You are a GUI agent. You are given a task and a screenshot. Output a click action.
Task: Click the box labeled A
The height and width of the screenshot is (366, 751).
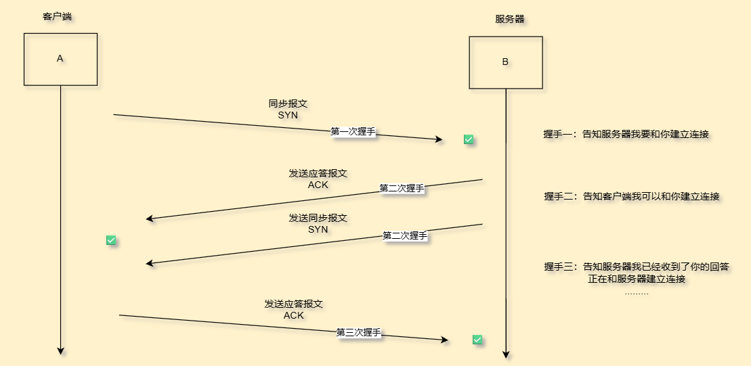click(x=60, y=59)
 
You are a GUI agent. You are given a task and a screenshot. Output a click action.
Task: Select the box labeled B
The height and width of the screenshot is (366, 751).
click(x=505, y=62)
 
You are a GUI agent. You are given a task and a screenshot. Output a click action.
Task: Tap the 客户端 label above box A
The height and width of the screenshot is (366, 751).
click(x=57, y=16)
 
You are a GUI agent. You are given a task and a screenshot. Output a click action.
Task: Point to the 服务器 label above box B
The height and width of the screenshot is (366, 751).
click(x=509, y=19)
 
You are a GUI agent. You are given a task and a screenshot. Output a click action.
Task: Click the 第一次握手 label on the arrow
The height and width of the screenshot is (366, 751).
click(x=353, y=132)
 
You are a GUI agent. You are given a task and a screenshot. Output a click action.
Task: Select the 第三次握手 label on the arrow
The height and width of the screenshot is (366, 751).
click(x=359, y=333)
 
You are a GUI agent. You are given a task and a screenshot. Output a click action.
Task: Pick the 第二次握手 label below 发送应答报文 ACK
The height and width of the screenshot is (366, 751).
click(x=402, y=188)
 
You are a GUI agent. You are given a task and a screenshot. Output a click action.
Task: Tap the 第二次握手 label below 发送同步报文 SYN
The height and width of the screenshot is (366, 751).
click(x=405, y=236)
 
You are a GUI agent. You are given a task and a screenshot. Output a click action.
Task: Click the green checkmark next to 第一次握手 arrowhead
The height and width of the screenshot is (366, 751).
click(x=469, y=139)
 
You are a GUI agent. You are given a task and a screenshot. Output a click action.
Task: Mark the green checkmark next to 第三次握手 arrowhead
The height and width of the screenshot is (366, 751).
click(x=477, y=340)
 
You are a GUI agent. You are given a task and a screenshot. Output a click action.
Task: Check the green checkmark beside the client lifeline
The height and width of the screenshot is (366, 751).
click(x=112, y=240)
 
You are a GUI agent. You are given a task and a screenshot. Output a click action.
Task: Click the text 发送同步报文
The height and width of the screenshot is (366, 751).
click(x=318, y=218)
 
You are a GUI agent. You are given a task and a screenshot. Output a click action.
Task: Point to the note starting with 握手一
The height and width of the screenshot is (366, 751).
click(x=626, y=135)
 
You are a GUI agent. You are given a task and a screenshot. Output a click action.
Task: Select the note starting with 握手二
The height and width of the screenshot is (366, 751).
click(x=631, y=197)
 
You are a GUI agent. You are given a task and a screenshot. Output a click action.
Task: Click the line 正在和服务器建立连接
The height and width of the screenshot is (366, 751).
click(x=637, y=279)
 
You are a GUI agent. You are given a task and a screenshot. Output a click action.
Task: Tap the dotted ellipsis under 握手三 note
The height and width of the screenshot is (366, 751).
click(x=636, y=294)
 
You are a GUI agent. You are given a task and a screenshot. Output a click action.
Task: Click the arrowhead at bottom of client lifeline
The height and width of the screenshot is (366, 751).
click(x=60, y=350)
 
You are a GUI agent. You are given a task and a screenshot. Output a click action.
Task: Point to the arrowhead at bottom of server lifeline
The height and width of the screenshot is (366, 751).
click(x=505, y=354)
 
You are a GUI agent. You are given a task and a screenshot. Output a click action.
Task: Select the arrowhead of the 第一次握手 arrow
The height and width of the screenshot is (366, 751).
click(x=438, y=139)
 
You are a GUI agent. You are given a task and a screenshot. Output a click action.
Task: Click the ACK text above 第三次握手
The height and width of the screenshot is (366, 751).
click(x=293, y=315)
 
